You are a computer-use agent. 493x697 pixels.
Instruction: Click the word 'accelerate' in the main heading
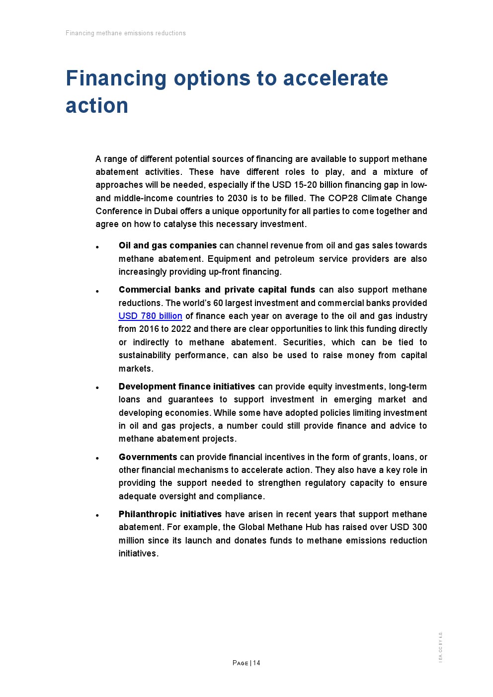tap(335, 78)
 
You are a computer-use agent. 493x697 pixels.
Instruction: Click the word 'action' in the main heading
tap(97, 106)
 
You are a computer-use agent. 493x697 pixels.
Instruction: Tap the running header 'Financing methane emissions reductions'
tap(126, 33)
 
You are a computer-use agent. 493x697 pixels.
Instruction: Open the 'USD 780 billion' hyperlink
tap(150, 316)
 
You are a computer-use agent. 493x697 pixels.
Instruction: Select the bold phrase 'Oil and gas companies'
tap(167, 245)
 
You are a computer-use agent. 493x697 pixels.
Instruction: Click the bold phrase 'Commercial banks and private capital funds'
tap(217, 290)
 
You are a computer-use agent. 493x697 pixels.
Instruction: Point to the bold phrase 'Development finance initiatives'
tap(186, 387)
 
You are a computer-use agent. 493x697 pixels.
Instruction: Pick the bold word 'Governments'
tap(148, 457)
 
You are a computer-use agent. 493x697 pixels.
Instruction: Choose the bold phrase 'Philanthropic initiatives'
tap(170, 514)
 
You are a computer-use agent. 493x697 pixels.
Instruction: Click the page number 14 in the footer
tap(256, 663)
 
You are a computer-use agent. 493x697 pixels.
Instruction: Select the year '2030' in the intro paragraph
tap(238, 198)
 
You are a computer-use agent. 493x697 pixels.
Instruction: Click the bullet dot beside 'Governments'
tap(97, 459)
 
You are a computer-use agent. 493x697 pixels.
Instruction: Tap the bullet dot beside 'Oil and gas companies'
tap(97, 247)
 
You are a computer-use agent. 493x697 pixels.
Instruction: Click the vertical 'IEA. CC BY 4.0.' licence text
tap(440, 647)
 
